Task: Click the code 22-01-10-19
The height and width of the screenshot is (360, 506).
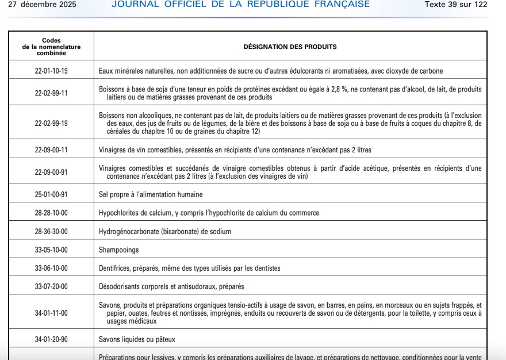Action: click(x=51, y=71)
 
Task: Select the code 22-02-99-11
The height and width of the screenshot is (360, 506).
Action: click(x=51, y=93)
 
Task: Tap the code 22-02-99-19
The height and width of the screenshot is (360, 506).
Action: click(x=51, y=123)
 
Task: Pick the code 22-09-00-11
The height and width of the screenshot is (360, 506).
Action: click(x=51, y=150)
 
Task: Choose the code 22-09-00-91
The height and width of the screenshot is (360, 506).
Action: click(x=51, y=173)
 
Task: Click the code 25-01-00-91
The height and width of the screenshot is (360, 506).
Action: click(x=51, y=194)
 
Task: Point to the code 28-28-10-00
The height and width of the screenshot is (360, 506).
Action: click(x=51, y=213)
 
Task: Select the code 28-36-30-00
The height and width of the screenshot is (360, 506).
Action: click(x=51, y=231)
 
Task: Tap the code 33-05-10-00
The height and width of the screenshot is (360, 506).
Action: click(x=51, y=250)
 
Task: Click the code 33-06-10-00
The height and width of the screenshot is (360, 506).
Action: click(x=51, y=268)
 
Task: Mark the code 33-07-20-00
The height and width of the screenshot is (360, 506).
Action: click(x=51, y=286)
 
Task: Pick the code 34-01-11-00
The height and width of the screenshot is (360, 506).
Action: click(x=51, y=313)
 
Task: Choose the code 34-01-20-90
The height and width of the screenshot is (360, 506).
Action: click(x=51, y=339)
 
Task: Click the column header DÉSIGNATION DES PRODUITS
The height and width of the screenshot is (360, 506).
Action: click(x=290, y=47)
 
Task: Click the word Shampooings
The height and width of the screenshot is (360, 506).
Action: click(x=118, y=250)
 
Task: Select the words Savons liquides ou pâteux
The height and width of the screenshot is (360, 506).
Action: click(x=137, y=339)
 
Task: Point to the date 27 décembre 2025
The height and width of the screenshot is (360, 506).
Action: click(x=42, y=5)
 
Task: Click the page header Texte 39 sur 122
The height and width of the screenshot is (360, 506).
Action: click(x=455, y=5)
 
